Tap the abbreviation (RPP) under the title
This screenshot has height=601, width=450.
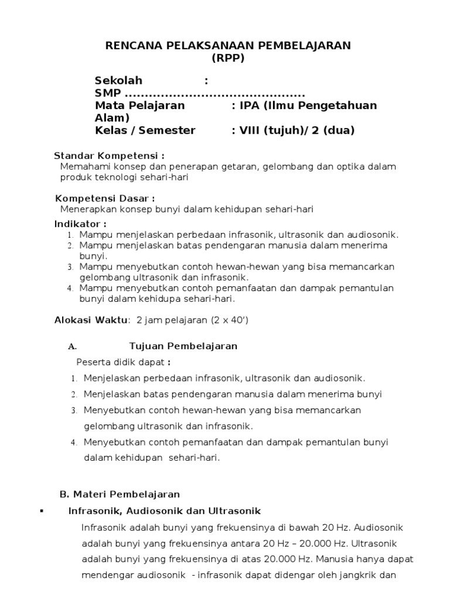227,58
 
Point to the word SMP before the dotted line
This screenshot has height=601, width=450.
108,93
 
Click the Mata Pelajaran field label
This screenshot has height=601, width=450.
140,106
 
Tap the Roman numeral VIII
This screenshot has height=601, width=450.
253,130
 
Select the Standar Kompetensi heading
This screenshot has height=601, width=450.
109,156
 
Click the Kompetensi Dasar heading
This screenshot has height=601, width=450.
105,198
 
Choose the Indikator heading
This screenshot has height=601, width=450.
80,224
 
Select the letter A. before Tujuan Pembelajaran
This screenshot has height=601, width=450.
73,346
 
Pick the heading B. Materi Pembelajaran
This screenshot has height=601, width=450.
120,494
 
